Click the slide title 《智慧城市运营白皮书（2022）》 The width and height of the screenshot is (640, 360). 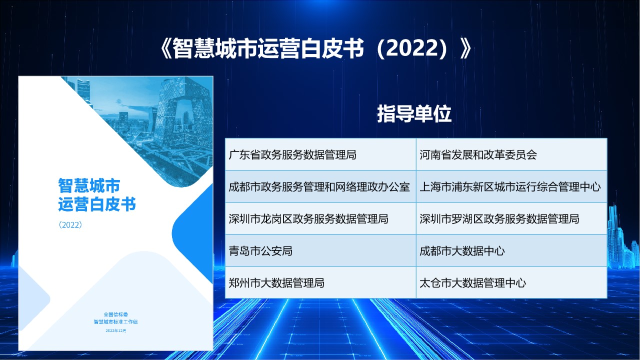point(315,48)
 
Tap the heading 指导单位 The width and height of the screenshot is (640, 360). point(414,113)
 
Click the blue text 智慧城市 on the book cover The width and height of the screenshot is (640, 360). point(89,185)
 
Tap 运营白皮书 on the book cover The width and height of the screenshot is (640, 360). point(97,204)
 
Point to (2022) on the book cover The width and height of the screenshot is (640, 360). point(70,225)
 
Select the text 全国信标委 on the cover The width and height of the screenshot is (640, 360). point(115,314)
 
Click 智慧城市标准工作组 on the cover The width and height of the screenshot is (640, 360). point(115,322)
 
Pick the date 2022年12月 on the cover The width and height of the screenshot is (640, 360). point(115,330)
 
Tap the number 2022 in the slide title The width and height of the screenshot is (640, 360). point(412,48)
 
